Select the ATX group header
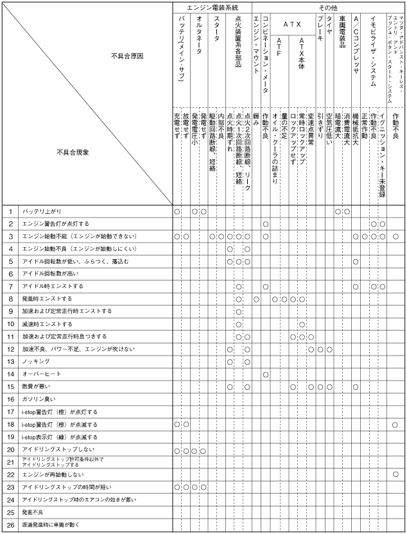click(x=291, y=24)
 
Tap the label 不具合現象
click(x=73, y=152)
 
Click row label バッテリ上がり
click(x=42, y=211)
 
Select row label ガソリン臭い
click(x=40, y=399)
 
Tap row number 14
click(x=10, y=374)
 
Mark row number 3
click(x=10, y=236)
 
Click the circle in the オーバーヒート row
click(x=265, y=374)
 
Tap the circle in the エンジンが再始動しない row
click(x=395, y=474)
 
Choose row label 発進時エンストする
click(x=48, y=298)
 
